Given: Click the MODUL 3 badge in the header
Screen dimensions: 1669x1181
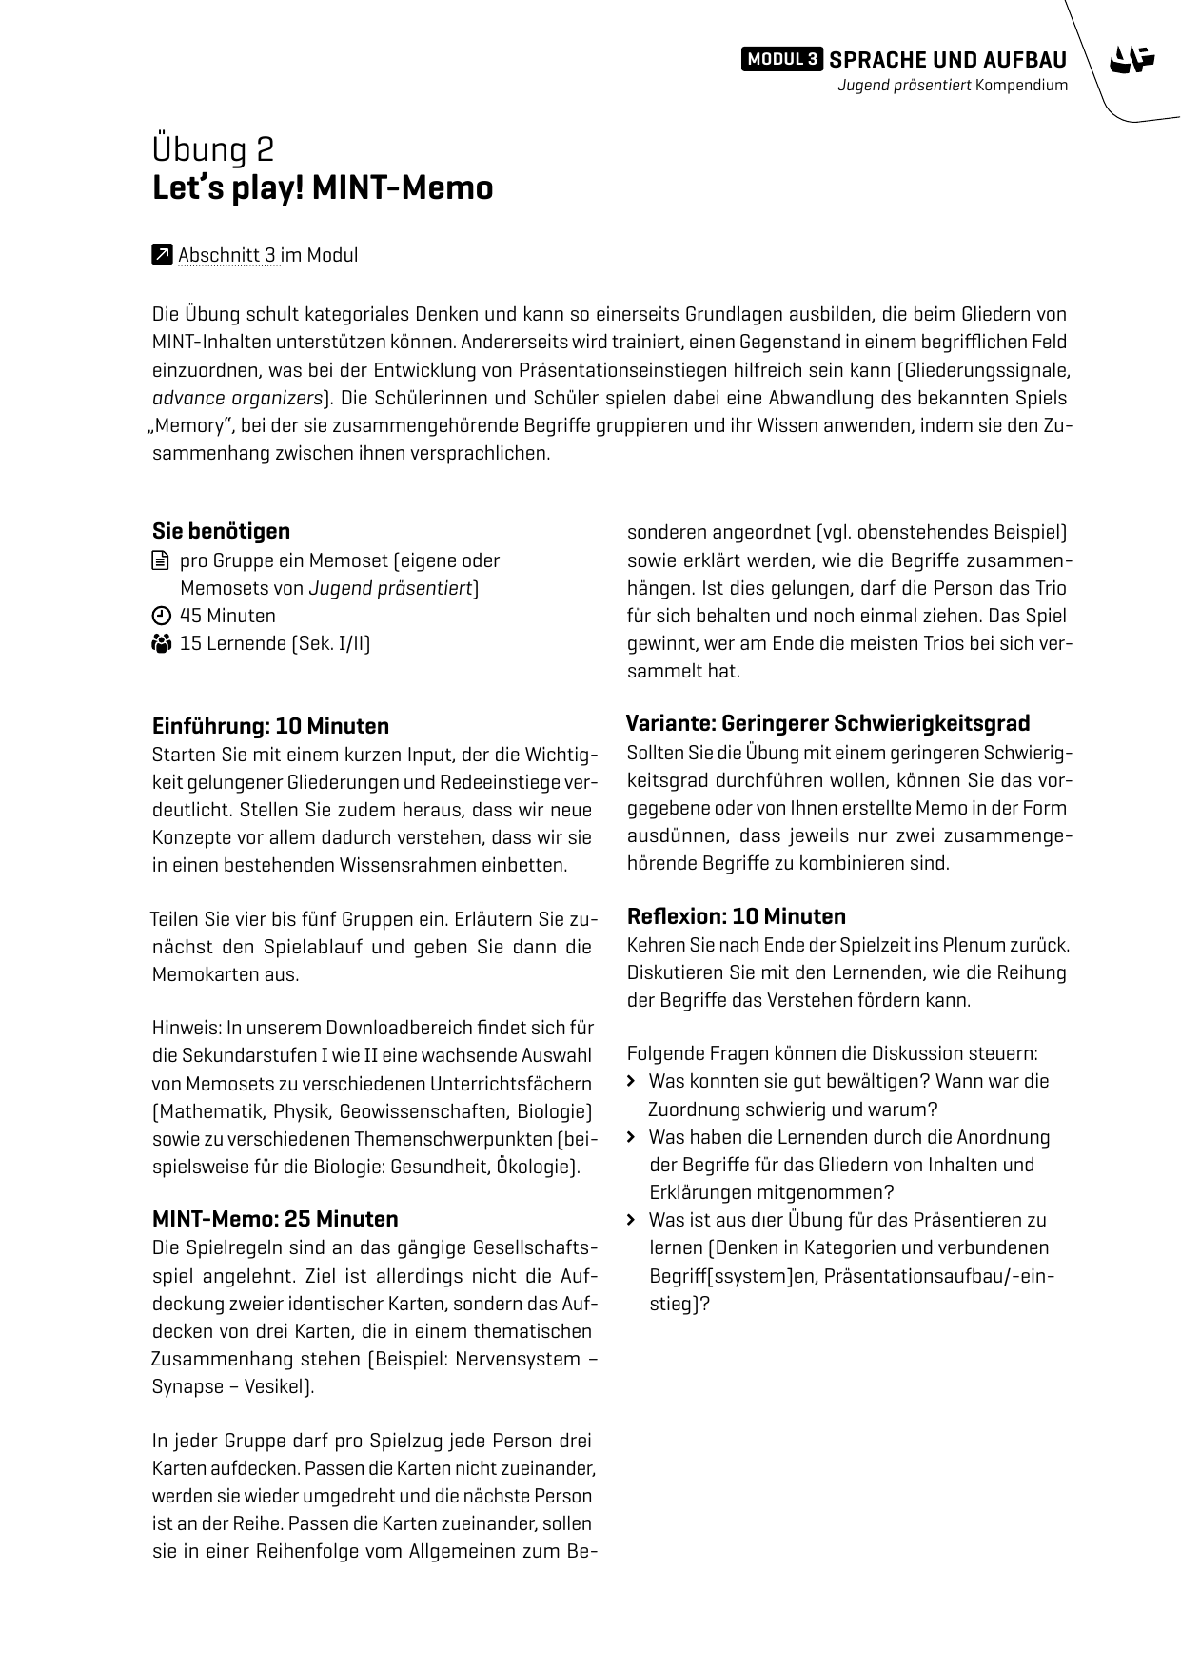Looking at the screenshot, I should coord(781,59).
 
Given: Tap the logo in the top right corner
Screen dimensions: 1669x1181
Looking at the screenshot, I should coord(1132,60).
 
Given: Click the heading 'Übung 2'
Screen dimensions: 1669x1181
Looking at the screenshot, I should coord(213,149).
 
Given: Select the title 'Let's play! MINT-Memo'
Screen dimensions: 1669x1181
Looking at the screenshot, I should coord(323,187).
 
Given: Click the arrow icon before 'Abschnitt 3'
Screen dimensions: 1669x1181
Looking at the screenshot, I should coord(162,254).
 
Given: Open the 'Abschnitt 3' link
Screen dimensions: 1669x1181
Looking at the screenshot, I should coord(227,255).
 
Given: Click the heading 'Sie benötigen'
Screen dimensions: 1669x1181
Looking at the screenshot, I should coord(221,531).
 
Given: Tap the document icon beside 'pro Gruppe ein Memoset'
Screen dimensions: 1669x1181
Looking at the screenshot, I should coord(161,560).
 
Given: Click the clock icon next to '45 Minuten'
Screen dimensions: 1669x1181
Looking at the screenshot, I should coord(161,616).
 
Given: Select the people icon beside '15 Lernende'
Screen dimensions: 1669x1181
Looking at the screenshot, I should coord(161,644).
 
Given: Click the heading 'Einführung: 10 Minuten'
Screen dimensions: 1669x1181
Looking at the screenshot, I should coord(270,726).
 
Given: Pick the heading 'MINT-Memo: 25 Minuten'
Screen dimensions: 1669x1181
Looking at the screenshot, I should coord(275,1219).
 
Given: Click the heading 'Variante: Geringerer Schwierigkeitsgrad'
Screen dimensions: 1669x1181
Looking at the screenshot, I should coord(828,723).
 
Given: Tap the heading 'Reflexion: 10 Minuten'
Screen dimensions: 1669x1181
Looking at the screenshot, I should coord(736,916).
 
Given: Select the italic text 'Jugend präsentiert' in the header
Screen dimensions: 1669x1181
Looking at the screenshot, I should coord(903,86).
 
